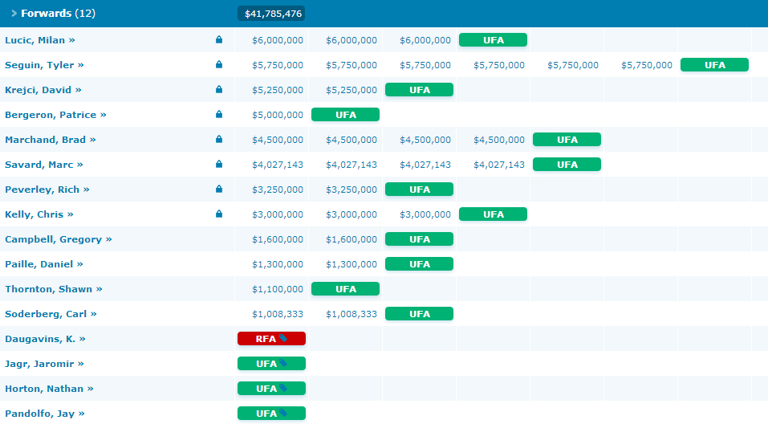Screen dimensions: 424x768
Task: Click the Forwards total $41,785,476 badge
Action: [x=271, y=14]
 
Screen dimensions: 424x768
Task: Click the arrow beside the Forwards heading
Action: [x=14, y=14]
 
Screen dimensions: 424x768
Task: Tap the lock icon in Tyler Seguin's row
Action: [x=219, y=65]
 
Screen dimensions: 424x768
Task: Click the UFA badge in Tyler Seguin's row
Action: [x=714, y=65]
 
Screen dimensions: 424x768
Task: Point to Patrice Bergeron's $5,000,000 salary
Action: [x=277, y=115]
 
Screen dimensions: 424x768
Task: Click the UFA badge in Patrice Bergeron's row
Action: [x=345, y=115]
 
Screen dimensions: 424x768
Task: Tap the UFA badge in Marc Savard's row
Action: [x=567, y=165]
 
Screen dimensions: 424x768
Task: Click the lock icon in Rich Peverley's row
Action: [x=219, y=190]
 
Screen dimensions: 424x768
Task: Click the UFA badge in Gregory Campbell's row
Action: [x=419, y=239]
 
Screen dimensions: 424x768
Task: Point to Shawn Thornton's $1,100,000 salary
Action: [x=277, y=289]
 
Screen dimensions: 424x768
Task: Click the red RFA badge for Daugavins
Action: [x=271, y=339]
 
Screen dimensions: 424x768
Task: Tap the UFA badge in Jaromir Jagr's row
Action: [x=271, y=364]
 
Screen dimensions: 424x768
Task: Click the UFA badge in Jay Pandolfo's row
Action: [x=271, y=414]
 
